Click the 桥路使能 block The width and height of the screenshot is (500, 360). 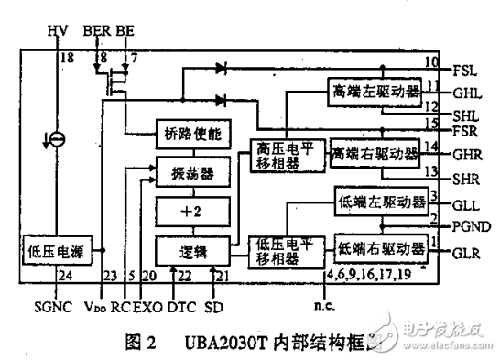[x=188, y=134]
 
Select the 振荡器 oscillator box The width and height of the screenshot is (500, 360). [x=188, y=170]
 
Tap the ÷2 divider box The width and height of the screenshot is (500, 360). [x=188, y=209]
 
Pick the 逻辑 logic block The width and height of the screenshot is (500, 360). [x=188, y=248]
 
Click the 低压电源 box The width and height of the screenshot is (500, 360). [x=57, y=248]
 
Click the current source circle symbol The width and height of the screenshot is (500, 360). [x=57, y=138]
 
